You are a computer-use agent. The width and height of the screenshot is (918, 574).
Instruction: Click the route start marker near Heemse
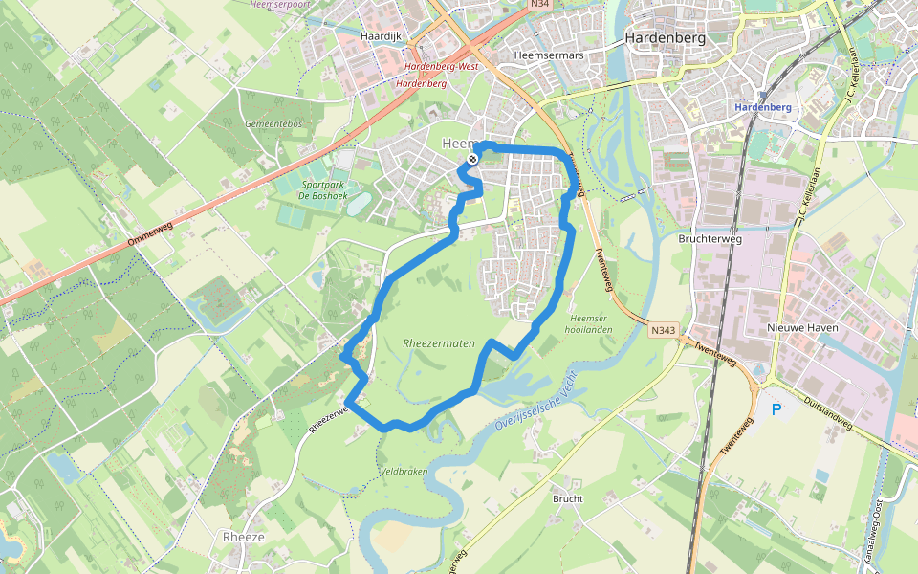click(x=472, y=159)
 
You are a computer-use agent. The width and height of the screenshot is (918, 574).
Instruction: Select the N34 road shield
click(x=540, y=5)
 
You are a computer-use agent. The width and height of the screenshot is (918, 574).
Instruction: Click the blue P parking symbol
click(x=776, y=410)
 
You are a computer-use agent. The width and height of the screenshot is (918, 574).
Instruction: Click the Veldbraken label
click(x=402, y=472)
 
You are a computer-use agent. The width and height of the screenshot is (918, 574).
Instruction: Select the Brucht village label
click(x=567, y=498)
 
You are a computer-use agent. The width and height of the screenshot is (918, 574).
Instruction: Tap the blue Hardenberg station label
click(x=763, y=107)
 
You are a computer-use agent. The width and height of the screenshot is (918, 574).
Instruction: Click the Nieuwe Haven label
click(x=803, y=328)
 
